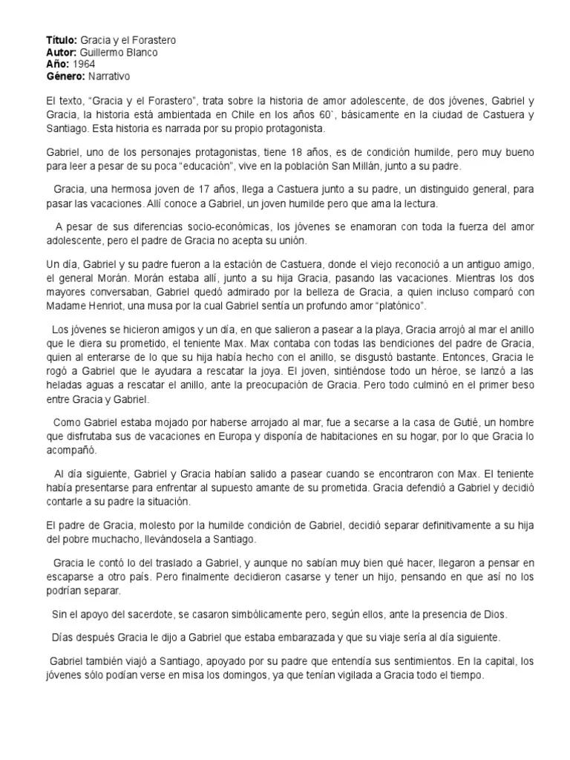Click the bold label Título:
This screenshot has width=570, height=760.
tap(62, 40)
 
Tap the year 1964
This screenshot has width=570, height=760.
tap(84, 64)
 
